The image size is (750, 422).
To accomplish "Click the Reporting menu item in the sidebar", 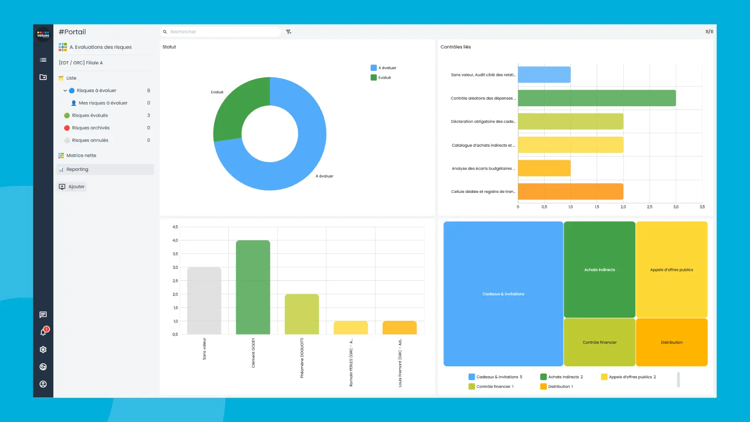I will point(77,170).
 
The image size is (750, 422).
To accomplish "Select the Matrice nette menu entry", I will point(81,155).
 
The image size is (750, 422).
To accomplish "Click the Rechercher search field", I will point(221,32).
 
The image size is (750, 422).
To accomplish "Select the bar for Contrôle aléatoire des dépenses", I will point(597,98).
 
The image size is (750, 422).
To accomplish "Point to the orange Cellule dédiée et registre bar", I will point(570,192).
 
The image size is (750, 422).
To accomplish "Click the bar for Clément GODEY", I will point(253,287).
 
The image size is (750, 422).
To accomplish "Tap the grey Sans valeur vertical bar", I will point(204,300).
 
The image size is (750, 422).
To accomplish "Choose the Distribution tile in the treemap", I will point(672,342).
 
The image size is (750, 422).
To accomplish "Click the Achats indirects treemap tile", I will point(599,270).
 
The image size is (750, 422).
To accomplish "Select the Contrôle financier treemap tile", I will point(599,342).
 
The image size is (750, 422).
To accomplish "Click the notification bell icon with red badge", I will point(43,332).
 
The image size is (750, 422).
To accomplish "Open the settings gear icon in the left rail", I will point(43,350).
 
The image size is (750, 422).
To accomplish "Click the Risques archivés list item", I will point(90,128).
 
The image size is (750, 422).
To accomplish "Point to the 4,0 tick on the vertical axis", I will point(175,240).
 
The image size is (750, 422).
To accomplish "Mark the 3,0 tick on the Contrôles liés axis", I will point(676,207).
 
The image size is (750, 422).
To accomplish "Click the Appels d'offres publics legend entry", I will point(629,377).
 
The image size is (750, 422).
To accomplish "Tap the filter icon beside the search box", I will point(289,32).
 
